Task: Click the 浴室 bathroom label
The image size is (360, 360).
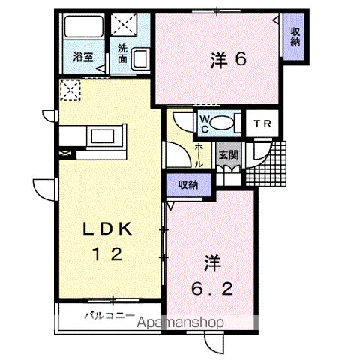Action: pos(83,57)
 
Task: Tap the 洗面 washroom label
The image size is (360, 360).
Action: pos(122,53)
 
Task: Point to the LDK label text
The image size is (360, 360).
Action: pos(107,228)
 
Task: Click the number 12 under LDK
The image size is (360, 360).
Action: pos(107,253)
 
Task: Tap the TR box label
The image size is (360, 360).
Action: pos(260,124)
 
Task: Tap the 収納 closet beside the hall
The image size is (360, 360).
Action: pos(188,184)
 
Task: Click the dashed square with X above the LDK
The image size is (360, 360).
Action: pos(68,91)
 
